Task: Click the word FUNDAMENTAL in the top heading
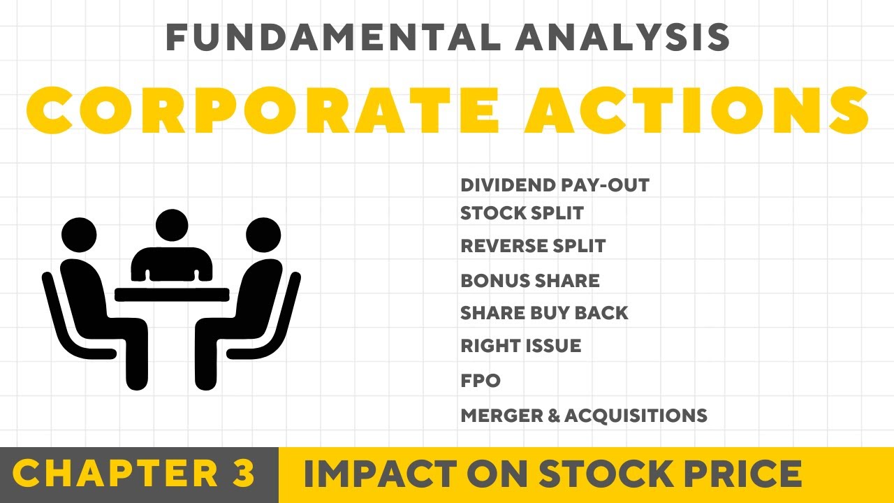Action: [x=332, y=38]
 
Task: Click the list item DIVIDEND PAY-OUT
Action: [x=555, y=186]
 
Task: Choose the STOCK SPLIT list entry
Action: [x=522, y=213]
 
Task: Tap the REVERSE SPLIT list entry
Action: [x=533, y=246]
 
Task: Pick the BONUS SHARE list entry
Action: [x=530, y=281]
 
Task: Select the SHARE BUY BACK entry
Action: [x=544, y=313]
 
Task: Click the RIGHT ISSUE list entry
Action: [x=520, y=346]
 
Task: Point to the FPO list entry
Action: [x=481, y=381]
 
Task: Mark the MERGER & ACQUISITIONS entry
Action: [x=584, y=416]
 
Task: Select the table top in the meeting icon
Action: [x=172, y=294]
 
